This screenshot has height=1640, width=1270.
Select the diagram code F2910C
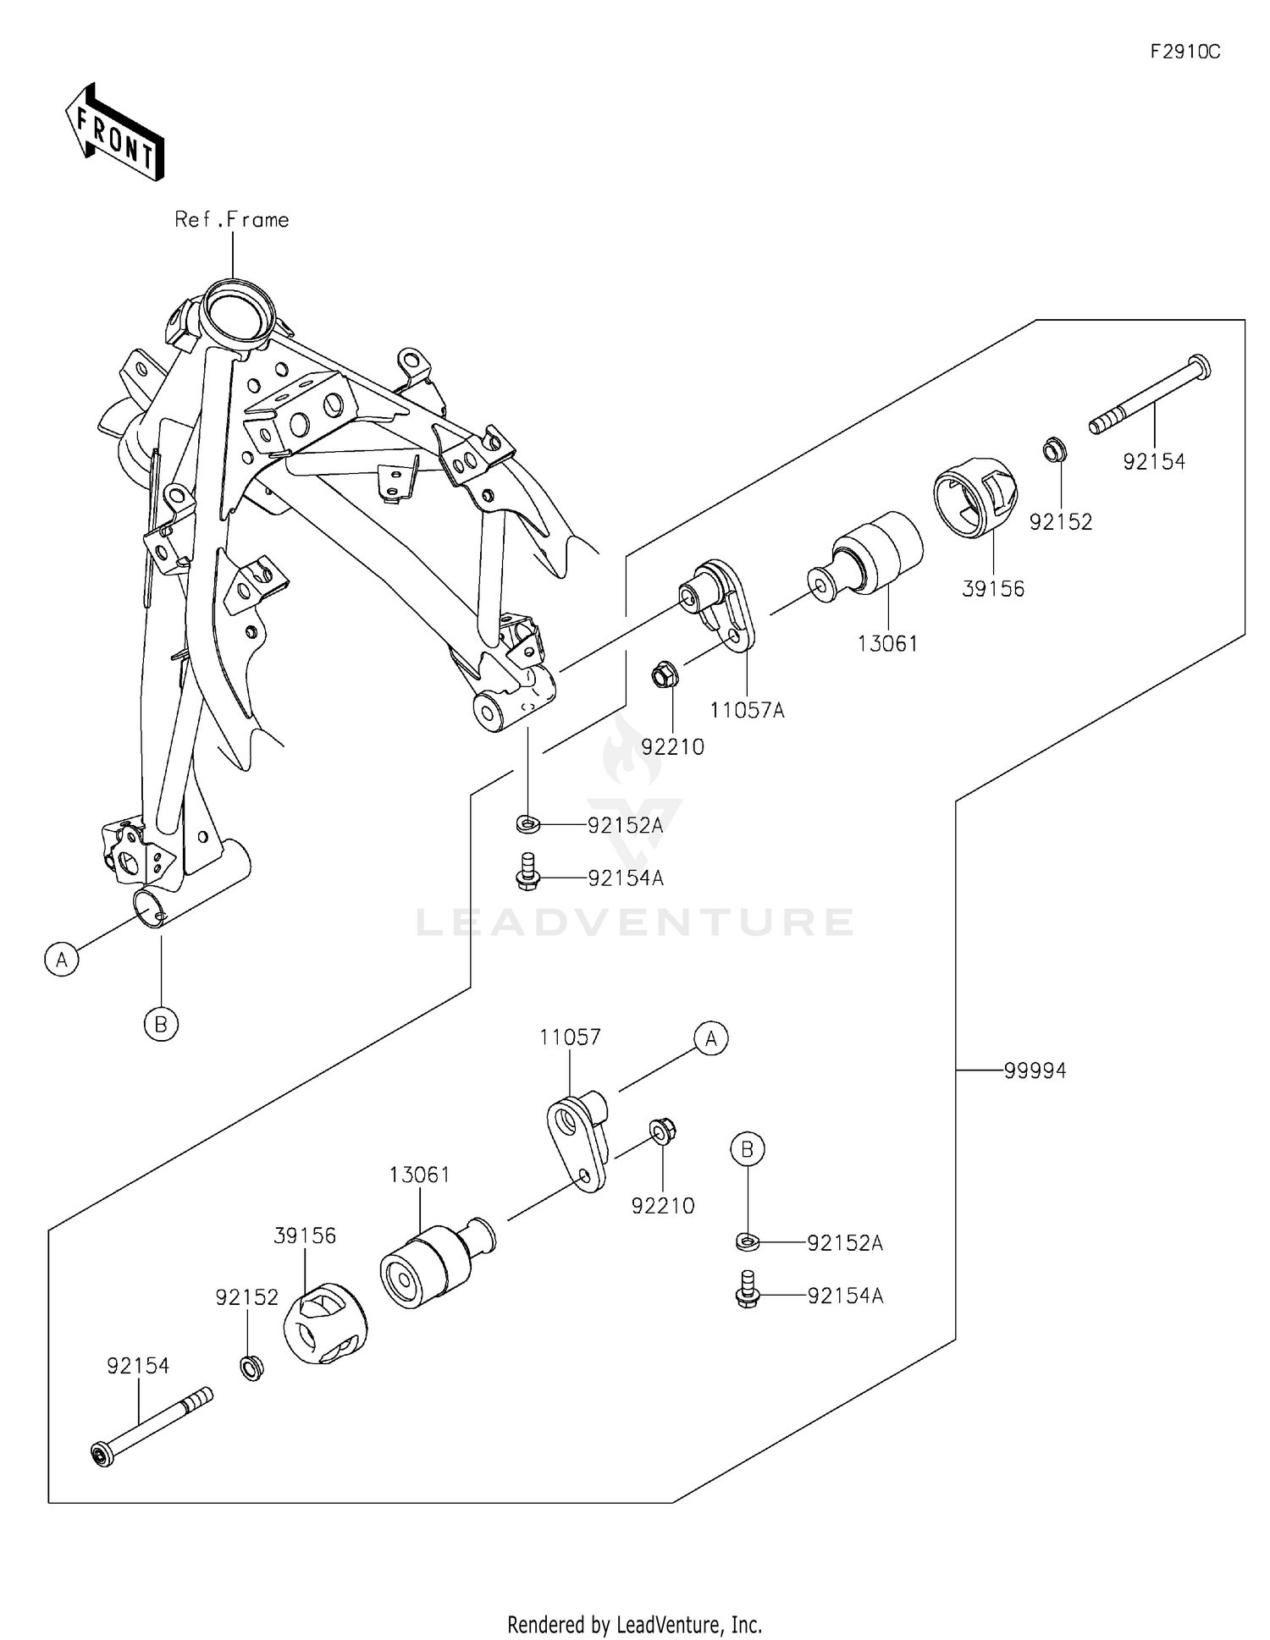[x=1184, y=52]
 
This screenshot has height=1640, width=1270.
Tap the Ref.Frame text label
[x=231, y=220]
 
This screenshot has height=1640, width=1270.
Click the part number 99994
[x=1035, y=1070]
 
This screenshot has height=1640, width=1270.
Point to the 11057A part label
[x=747, y=711]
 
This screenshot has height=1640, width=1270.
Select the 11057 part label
[x=570, y=1037]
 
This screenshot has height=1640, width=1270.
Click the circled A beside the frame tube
[x=61, y=960]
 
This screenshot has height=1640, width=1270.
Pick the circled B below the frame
[x=161, y=1025]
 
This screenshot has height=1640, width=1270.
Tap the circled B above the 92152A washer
[x=747, y=1149]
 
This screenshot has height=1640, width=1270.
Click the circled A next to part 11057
[x=711, y=1037]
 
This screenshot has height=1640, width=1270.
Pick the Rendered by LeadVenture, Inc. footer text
[x=634, y=1624]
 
